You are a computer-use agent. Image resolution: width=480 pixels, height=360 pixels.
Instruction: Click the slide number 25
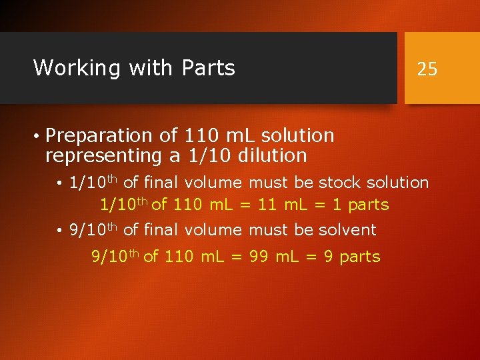click(x=427, y=69)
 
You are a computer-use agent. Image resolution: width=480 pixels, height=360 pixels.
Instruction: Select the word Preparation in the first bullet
click(x=100, y=136)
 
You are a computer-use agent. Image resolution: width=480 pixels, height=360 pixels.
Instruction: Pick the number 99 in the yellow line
click(x=259, y=257)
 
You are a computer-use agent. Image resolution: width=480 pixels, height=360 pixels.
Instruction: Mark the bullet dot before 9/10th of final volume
click(x=60, y=231)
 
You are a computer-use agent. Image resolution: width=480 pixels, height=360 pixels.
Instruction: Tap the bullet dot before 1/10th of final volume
click(x=60, y=183)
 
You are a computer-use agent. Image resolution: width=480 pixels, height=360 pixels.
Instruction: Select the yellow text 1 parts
click(x=360, y=205)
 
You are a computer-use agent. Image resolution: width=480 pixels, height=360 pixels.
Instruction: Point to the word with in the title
click(x=147, y=68)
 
